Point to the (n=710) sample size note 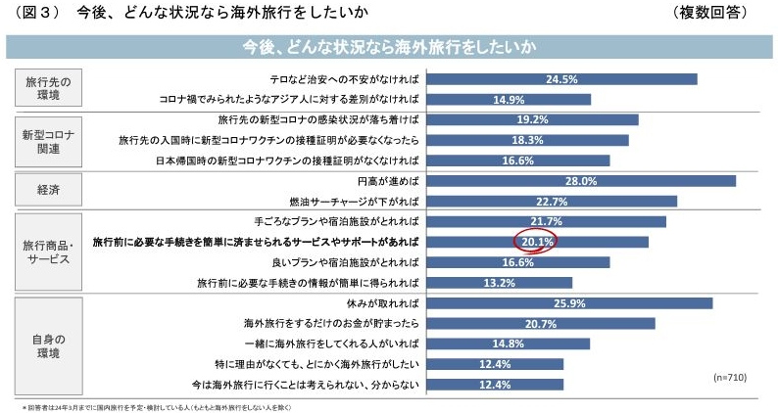coord(729,376)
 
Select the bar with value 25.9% coord(569,303)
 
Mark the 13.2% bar coord(501,283)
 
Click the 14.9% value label coord(509,100)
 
